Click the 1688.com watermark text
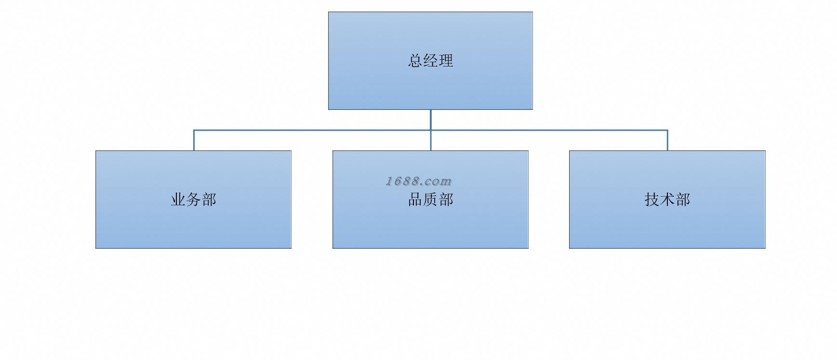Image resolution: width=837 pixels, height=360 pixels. coord(418,181)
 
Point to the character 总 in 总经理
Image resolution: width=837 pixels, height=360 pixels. coord(415,61)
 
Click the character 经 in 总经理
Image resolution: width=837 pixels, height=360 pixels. coord(431,61)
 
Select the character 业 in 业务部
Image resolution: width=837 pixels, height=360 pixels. coord(178,200)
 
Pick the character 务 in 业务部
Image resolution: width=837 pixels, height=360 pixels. coord(194,200)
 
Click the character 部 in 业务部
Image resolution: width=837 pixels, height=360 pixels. coord(209,200)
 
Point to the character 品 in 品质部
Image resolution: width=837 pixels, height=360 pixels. coord(415,200)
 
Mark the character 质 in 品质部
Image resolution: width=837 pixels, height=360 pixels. coord(431,200)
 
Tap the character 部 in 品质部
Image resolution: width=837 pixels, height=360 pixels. coord(446,200)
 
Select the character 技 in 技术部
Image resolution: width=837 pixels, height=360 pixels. coord(652,200)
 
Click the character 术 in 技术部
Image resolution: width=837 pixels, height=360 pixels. coord(667,200)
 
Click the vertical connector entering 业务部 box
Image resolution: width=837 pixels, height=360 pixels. coord(194,141)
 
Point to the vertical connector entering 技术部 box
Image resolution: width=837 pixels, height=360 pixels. coord(667,141)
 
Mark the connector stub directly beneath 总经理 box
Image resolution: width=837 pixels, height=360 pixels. coord(430,120)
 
